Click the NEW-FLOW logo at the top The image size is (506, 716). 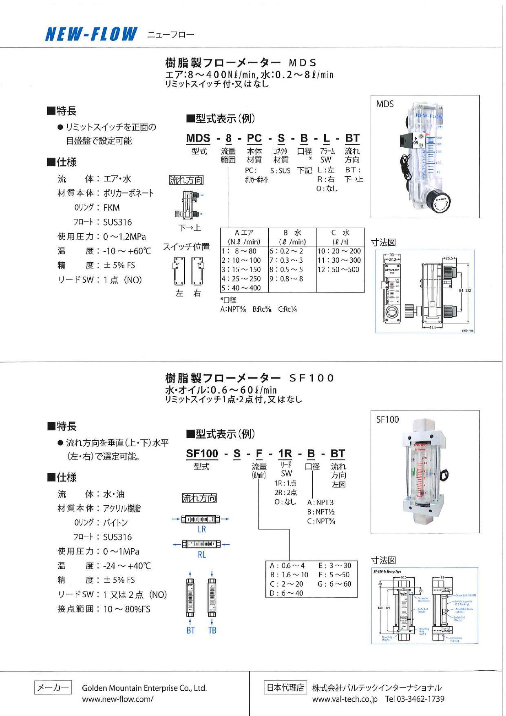[x=91, y=34]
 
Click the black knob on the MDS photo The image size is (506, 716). [x=440, y=204]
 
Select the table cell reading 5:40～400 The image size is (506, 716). [x=241, y=288]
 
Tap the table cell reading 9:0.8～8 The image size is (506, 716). [x=286, y=279]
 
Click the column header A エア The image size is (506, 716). [x=244, y=233]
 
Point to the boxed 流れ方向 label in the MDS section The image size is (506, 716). [x=186, y=180]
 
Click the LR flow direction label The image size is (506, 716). [x=201, y=530]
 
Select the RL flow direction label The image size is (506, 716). [x=201, y=554]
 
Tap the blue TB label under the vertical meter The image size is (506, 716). [x=212, y=630]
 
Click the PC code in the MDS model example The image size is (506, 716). [x=254, y=139]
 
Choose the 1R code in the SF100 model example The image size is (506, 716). [x=285, y=454]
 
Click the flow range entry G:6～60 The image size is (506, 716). [x=334, y=584]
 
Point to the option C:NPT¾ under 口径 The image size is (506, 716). [x=321, y=521]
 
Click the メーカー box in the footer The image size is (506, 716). [x=53, y=687]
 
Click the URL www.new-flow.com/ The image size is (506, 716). [x=117, y=699]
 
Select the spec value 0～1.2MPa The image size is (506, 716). [x=124, y=237]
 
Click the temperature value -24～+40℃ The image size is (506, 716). [x=127, y=566]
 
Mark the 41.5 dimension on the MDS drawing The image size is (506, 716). [x=432, y=327]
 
